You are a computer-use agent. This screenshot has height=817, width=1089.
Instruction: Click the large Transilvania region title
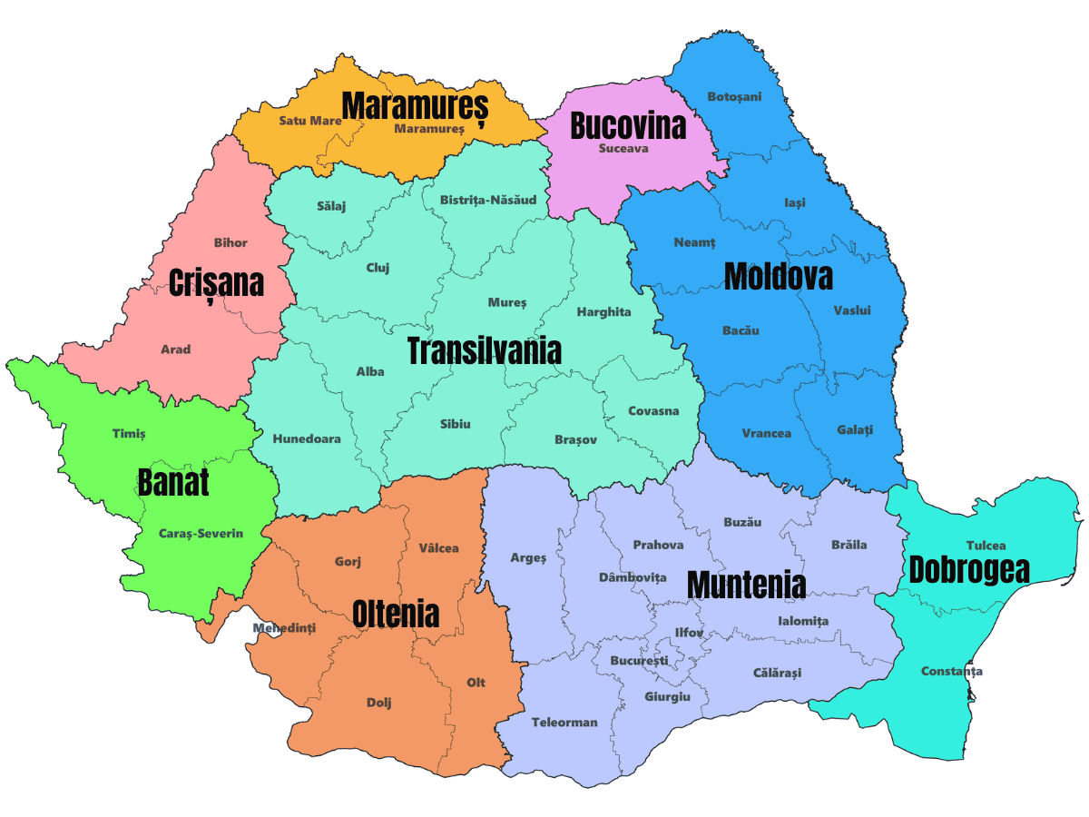pos(485,350)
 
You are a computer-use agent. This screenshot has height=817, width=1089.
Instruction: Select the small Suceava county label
pos(623,148)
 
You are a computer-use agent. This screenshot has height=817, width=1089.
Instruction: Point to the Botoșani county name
pos(734,96)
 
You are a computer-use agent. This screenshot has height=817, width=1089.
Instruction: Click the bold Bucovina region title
pos(628,125)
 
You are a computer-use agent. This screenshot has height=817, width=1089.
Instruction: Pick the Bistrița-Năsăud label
pos(488,200)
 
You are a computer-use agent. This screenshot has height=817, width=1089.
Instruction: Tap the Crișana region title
pos(217,282)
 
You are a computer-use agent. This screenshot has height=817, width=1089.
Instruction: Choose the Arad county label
pos(176,349)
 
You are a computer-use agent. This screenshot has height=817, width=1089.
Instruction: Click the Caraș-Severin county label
pos(201,533)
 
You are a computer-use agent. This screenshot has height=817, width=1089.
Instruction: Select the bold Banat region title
pos(173,482)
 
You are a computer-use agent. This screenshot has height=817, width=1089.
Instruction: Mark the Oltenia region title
pos(396,614)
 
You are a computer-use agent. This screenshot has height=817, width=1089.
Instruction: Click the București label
pos(639,660)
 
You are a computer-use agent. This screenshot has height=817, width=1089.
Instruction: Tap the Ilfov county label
pos(689,633)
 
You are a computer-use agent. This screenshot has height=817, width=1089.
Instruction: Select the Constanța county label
pos(951,672)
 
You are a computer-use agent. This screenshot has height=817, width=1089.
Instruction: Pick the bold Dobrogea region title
pos(969,569)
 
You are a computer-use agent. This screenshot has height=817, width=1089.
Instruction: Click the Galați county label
pos(855,429)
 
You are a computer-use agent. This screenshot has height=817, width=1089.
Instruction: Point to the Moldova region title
pos(778,277)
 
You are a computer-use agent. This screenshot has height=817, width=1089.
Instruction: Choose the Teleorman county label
pos(564,723)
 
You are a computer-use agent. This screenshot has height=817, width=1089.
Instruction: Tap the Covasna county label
pos(653,411)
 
